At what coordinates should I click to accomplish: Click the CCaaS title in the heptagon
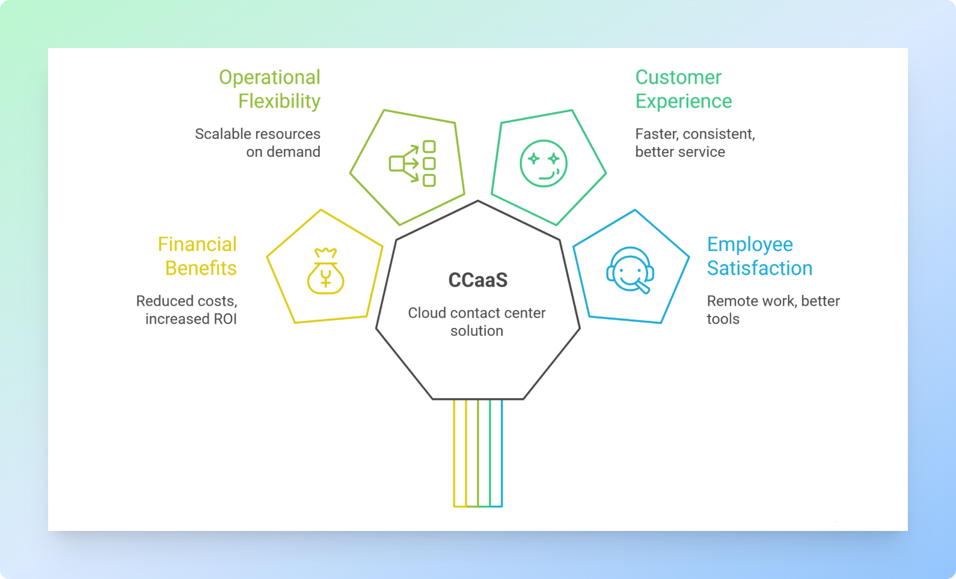tap(478, 280)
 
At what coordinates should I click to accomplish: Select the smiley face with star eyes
tap(544, 163)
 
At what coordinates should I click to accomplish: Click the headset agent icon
tap(630, 270)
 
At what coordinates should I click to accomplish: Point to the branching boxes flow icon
tap(413, 163)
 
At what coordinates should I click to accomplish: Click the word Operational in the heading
tap(269, 77)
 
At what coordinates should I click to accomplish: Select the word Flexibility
tap(279, 102)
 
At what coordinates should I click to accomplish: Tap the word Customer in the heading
tap(678, 77)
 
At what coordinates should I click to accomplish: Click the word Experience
tap(684, 102)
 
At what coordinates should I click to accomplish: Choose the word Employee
tap(750, 244)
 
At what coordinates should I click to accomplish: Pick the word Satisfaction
tap(759, 268)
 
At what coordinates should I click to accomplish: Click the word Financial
tap(197, 244)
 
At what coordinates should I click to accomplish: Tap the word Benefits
tap(201, 268)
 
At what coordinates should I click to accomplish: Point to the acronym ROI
tap(225, 319)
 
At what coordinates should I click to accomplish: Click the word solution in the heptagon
tap(477, 331)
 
